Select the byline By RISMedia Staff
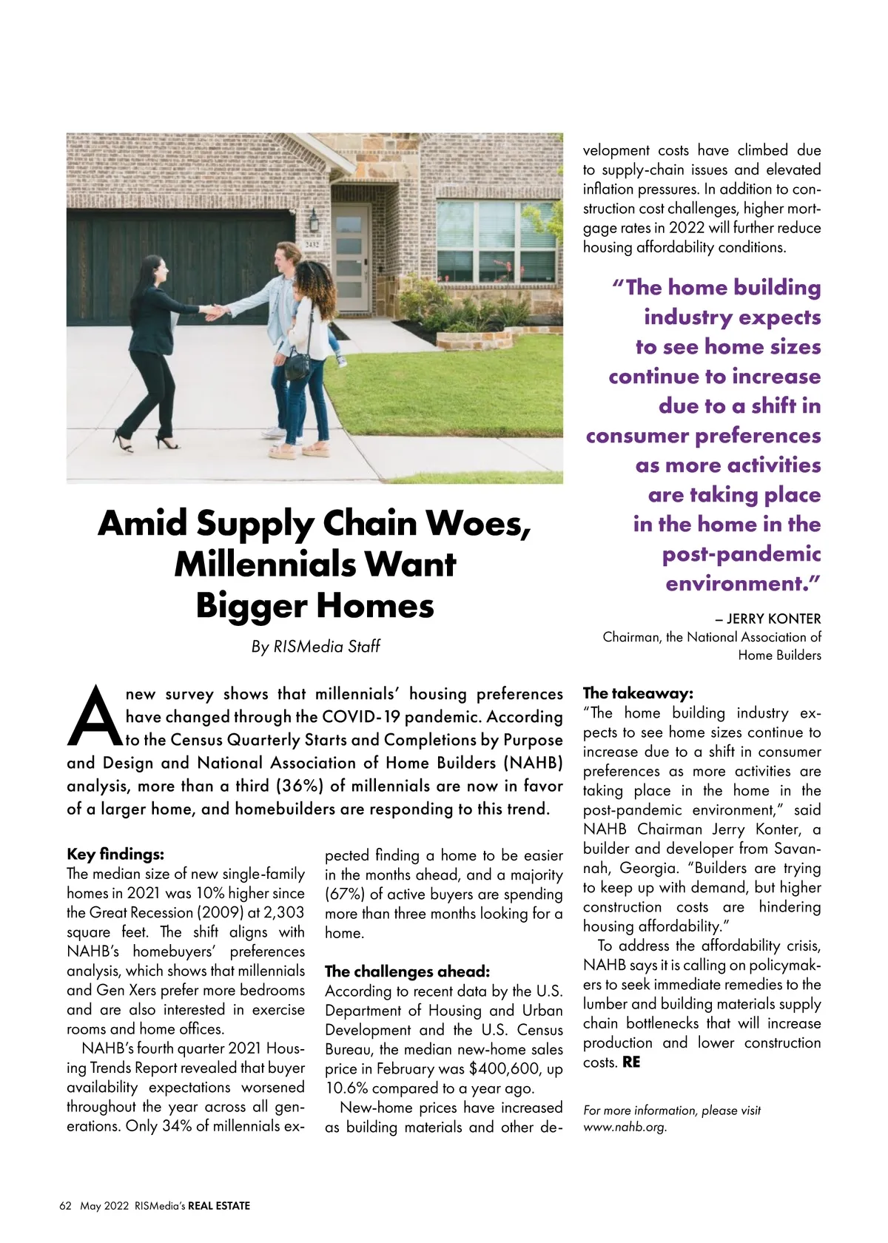pos(315,647)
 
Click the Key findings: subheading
pos(115,855)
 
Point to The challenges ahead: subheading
pos(407,971)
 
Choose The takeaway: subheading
pos(638,693)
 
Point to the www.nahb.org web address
pos(625,1128)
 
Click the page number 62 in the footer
pos(65,1206)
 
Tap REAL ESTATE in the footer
pos(219,1206)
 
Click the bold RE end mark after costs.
pos(631,1062)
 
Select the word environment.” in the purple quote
pos(743,584)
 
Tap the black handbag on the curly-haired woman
pos(297,366)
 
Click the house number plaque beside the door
pos(312,243)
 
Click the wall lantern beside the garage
pos(314,219)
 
